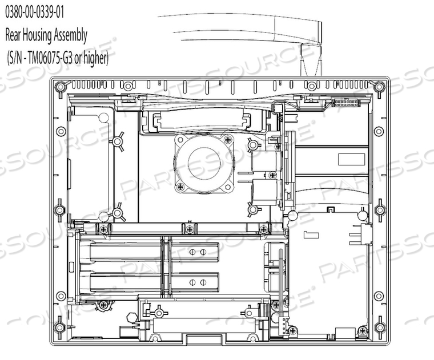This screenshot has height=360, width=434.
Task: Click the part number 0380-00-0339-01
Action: pyautogui.click(x=35, y=13)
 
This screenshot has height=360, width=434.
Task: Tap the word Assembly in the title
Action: pyautogui.click(x=70, y=36)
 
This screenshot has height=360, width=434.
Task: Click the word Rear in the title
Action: pyautogui.click(x=13, y=35)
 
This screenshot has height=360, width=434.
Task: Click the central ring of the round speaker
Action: pyautogui.click(x=204, y=163)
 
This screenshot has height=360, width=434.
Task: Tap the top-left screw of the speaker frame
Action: pyautogui.click(x=181, y=139)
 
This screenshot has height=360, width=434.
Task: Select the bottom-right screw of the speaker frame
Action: pyautogui.click(x=228, y=187)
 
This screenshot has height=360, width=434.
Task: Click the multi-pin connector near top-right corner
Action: pyautogui.click(x=345, y=103)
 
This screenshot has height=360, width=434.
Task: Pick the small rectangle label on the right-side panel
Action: pyautogui.click(x=352, y=160)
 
